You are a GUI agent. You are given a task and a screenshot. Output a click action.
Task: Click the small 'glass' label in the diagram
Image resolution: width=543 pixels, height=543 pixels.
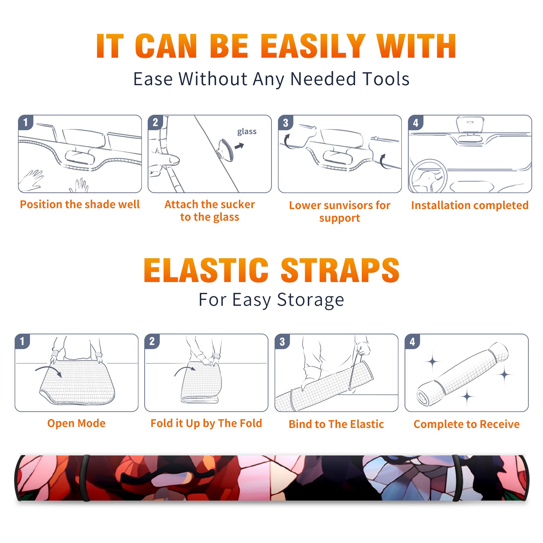coord(247,132)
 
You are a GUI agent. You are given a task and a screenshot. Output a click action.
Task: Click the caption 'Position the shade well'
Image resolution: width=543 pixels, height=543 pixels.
coord(80,204)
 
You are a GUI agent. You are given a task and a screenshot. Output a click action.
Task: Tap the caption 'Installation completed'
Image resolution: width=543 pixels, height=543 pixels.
coord(470,205)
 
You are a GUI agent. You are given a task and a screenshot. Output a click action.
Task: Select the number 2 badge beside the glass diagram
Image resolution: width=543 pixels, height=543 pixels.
coord(156,123)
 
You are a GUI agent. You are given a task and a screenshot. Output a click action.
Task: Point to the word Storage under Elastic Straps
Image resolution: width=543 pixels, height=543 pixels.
coord(311,300)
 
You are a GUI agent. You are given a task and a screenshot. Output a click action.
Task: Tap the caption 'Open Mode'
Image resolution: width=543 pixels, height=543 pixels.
coord(76,423)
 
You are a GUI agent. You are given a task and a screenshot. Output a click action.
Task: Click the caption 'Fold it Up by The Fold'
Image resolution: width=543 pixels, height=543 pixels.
coord(206,424)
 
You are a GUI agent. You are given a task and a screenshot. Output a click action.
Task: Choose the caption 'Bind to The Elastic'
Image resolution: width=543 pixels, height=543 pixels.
coord(336,424)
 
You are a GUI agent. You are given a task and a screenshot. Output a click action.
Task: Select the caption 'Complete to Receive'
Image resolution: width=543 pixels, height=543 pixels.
coord(467,424)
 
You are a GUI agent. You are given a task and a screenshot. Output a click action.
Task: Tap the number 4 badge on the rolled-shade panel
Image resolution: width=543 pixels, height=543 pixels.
coord(412,341)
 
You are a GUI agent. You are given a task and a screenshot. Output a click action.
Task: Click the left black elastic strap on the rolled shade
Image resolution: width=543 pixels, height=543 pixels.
coord(85,478)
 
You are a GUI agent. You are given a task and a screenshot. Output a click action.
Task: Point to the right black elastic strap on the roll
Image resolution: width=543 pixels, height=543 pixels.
coord(457,478)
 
